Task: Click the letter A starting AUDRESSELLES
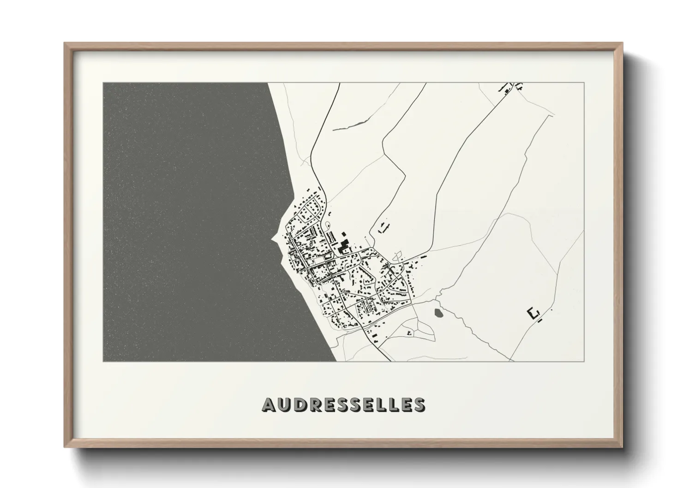point(269,404)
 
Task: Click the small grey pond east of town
point(438,313)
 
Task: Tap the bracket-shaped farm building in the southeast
point(533,314)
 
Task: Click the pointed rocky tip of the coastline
point(271,239)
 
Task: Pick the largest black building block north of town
point(343,248)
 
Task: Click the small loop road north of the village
point(328,225)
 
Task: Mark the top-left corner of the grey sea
point(104,83)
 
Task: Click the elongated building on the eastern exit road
point(423,256)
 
